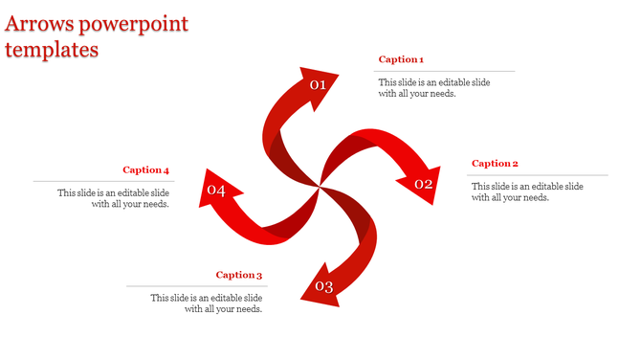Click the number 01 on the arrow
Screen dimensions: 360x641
tap(318, 85)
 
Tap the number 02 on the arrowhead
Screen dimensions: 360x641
tap(423, 183)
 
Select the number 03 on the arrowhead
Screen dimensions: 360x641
tap(323, 287)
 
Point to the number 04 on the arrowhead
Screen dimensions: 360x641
tap(215, 191)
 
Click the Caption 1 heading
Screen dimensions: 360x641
tap(401, 59)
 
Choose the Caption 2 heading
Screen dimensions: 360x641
tap(495, 164)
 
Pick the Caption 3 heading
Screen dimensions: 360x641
tap(238, 275)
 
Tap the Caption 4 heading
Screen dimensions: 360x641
tap(145, 170)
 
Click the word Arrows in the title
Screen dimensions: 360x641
tap(36, 24)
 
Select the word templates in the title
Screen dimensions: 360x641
tap(52, 50)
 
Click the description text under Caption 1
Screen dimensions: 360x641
tap(433, 88)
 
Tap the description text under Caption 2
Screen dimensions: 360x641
tap(527, 191)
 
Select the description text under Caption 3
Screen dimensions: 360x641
tap(207, 304)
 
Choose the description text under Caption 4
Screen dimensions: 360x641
tap(113, 198)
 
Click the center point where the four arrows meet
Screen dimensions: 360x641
tap(319, 187)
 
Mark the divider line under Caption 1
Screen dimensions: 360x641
tap(444, 71)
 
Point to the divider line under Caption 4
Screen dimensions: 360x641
tap(102, 181)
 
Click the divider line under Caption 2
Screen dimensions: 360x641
tap(538, 175)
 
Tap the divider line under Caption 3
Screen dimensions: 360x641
tap(196, 285)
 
